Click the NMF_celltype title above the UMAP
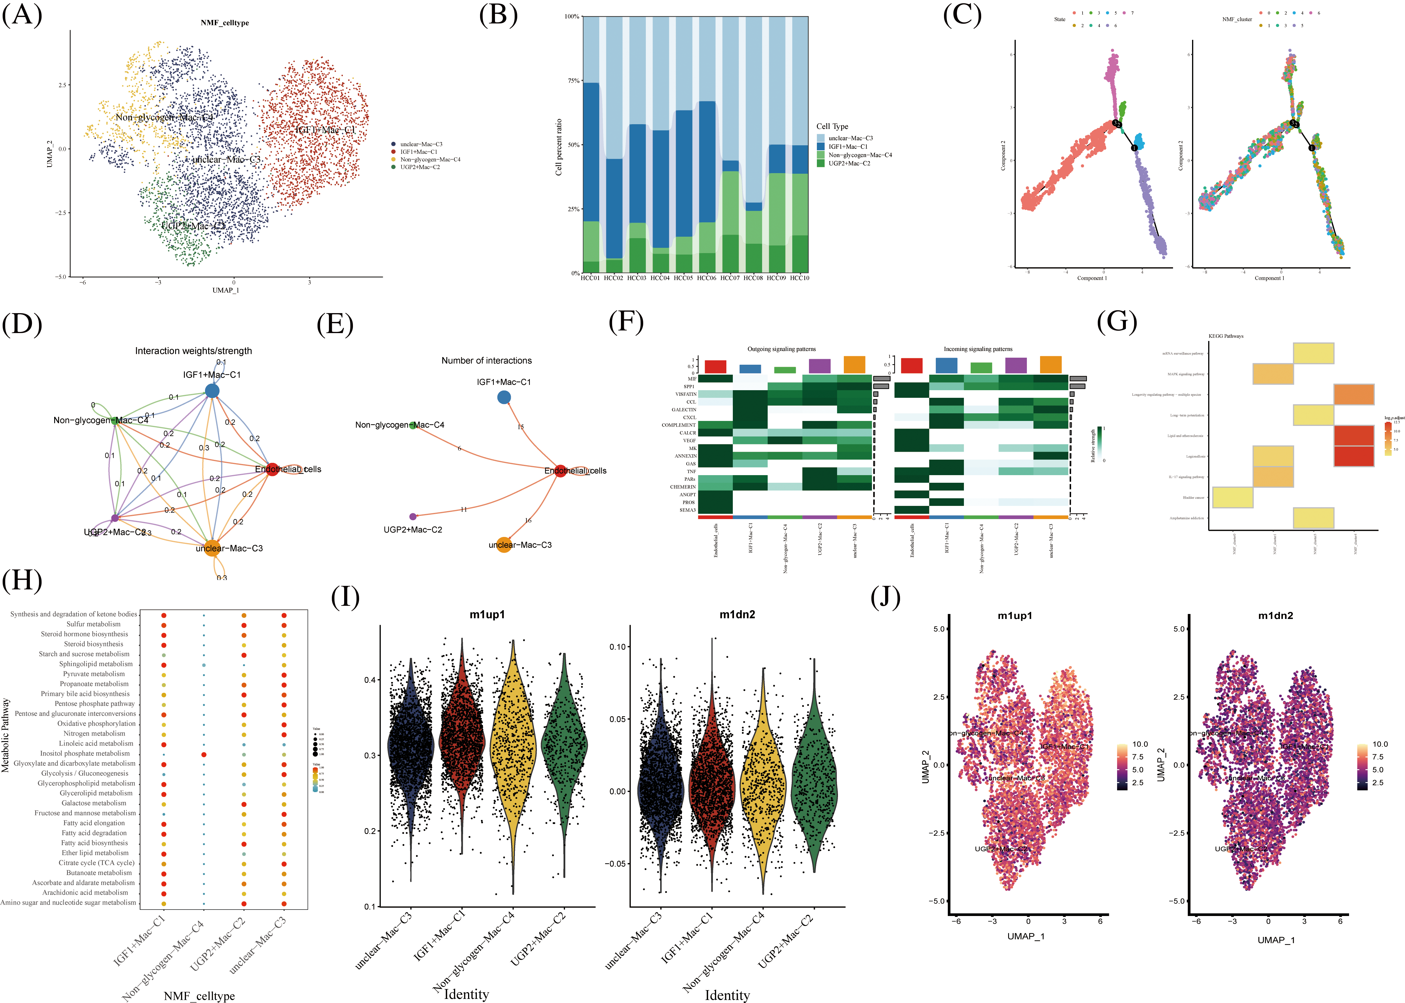tap(225, 23)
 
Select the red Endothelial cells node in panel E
tap(560, 471)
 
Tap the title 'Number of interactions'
tap(486, 361)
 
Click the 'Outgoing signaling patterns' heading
tap(781, 349)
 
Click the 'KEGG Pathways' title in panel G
tap(1225, 336)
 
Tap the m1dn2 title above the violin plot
tap(737, 615)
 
